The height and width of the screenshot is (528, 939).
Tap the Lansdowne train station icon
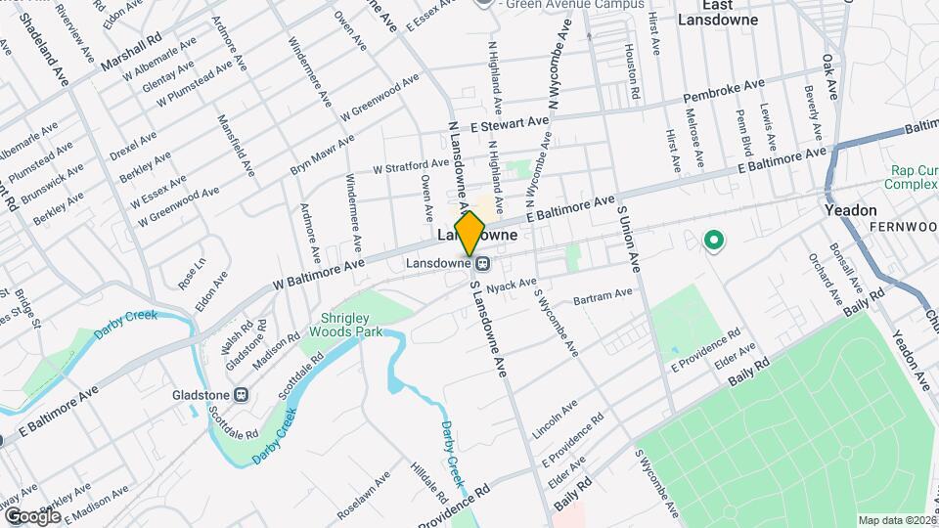[482, 263]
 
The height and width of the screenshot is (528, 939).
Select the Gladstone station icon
[242, 395]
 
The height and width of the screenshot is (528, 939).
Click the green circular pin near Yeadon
[714, 239]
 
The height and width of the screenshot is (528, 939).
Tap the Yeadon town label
[850, 210]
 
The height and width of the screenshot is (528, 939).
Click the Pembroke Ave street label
[724, 93]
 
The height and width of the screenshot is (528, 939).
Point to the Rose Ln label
[192, 274]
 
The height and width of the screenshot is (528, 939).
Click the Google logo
[32, 515]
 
